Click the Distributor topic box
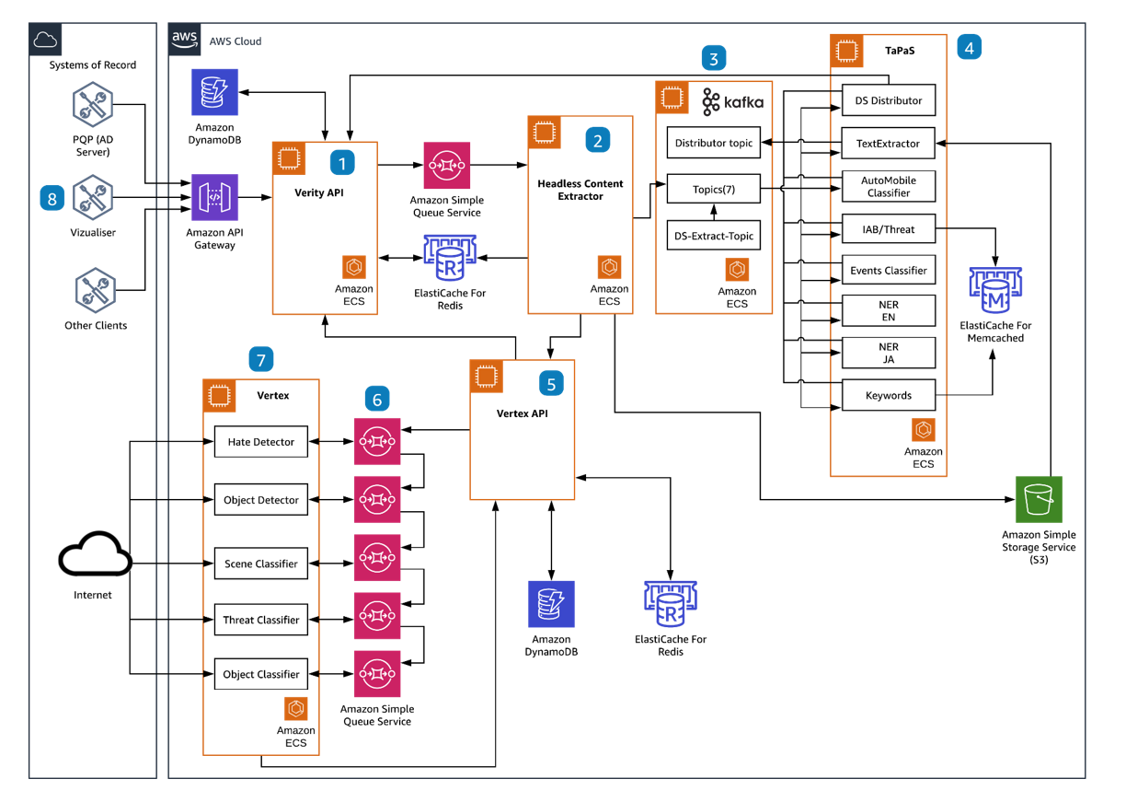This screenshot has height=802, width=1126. [714, 143]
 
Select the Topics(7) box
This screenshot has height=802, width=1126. [714, 190]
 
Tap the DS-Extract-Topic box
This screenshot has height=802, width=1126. [714, 236]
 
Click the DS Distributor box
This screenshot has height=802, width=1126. [889, 100]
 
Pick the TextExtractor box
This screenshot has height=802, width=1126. [889, 144]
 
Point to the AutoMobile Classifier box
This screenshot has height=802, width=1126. [889, 187]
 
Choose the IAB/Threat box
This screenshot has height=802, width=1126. [889, 229]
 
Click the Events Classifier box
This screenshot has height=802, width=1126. [889, 271]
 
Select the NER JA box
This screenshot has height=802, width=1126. [889, 353]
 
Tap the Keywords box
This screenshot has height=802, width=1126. [889, 395]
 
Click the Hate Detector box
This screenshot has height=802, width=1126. [261, 442]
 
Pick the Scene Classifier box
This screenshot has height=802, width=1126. [261, 564]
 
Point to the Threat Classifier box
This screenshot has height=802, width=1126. [261, 620]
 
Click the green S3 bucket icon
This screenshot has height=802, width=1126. [1039, 499]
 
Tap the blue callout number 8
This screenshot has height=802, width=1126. [52, 198]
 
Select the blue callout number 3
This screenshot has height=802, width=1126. [713, 58]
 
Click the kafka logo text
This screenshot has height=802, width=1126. [742, 102]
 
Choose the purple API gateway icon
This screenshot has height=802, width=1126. [215, 197]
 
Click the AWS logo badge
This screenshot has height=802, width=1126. [185, 40]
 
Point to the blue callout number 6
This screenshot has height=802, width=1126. [376, 399]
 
